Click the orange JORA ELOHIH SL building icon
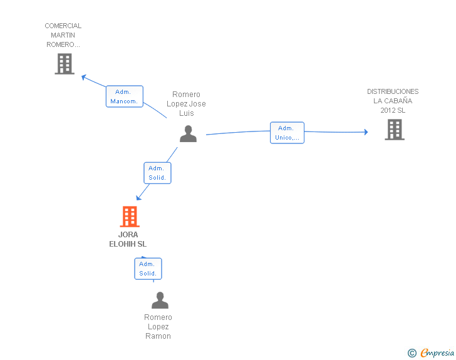[x=130, y=217]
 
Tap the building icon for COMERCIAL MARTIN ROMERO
[x=65, y=64]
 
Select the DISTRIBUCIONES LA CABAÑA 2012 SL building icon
[x=395, y=130]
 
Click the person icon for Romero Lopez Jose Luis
[x=188, y=134]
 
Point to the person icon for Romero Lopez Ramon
[x=160, y=300]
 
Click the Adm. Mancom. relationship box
[x=125, y=96]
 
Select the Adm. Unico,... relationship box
[x=287, y=133]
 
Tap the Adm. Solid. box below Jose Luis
[x=157, y=173]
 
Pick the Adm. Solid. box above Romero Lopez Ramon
[x=148, y=269]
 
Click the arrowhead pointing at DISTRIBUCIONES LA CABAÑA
[x=366, y=132]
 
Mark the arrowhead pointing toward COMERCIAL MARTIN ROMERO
[x=84, y=77]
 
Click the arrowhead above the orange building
[x=138, y=198]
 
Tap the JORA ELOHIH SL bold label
[x=128, y=239]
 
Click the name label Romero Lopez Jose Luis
[x=186, y=103]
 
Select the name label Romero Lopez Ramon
[x=158, y=326]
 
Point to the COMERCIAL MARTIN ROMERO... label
[x=63, y=35]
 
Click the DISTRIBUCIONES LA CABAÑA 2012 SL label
[x=393, y=101]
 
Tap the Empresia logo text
[x=437, y=353]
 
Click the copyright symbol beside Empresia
[x=412, y=353]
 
